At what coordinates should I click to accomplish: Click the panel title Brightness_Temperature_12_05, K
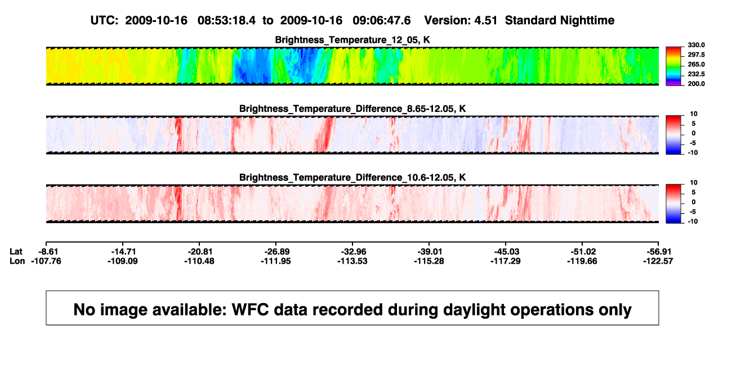pos(352,40)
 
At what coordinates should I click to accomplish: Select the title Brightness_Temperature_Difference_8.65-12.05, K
pos(352,109)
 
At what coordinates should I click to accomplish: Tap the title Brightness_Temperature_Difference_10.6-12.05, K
pos(352,178)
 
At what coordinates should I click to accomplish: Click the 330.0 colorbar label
pos(696,45)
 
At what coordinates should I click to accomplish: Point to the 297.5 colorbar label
pos(696,55)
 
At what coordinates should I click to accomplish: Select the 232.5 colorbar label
pos(696,74)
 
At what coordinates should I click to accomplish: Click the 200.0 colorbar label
pos(696,84)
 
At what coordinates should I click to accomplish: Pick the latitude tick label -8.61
pos(48,252)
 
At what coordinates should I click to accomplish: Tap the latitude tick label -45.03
pos(507,252)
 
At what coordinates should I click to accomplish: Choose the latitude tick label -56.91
pos(659,252)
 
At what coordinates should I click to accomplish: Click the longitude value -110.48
pos(199,261)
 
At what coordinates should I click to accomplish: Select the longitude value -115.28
pos(429,261)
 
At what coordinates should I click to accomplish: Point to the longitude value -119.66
pos(582,261)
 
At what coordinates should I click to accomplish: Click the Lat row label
pos(16,252)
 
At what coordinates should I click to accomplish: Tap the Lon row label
pos(17,261)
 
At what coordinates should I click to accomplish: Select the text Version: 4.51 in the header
pos(461,21)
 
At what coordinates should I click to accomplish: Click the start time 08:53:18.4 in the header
pos(226,21)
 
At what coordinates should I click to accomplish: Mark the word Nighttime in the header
pos(587,21)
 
